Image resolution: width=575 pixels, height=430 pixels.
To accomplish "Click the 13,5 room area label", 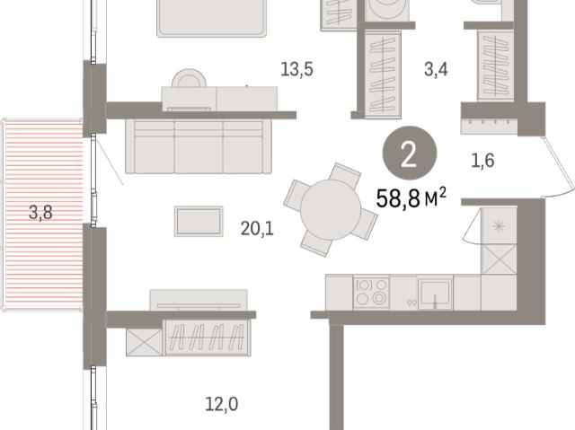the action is (x=296, y=69).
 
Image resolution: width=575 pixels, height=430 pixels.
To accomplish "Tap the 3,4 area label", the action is (x=436, y=69).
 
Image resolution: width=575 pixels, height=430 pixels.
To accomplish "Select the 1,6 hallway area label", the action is (x=482, y=161).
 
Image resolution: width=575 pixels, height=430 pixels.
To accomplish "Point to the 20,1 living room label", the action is (x=257, y=229).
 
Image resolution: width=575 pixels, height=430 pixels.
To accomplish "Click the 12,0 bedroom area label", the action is (x=222, y=404).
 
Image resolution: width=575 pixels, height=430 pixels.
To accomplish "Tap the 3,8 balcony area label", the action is (x=40, y=213).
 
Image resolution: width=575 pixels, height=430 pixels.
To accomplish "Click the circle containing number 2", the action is (x=410, y=154).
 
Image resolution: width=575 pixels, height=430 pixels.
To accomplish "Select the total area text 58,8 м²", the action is (x=411, y=198).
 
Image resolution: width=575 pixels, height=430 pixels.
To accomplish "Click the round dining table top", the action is (x=331, y=210).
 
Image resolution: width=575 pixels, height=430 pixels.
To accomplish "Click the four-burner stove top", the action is (x=371, y=292).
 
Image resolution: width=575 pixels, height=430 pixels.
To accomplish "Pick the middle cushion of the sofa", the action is (x=199, y=147).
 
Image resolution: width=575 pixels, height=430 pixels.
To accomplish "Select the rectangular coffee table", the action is (x=199, y=221).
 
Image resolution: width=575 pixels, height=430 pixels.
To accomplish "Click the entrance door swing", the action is (x=559, y=168).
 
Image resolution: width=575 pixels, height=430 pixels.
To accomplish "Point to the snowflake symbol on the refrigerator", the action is (x=499, y=226).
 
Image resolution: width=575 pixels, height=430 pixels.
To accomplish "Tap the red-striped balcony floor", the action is (x=43, y=215).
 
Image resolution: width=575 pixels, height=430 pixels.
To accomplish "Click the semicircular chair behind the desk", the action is (x=189, y=77).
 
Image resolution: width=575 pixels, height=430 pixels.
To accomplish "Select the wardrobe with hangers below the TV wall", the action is (x=208, y=338).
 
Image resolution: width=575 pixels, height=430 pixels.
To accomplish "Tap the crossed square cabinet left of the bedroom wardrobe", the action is (x=144, y=342).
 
